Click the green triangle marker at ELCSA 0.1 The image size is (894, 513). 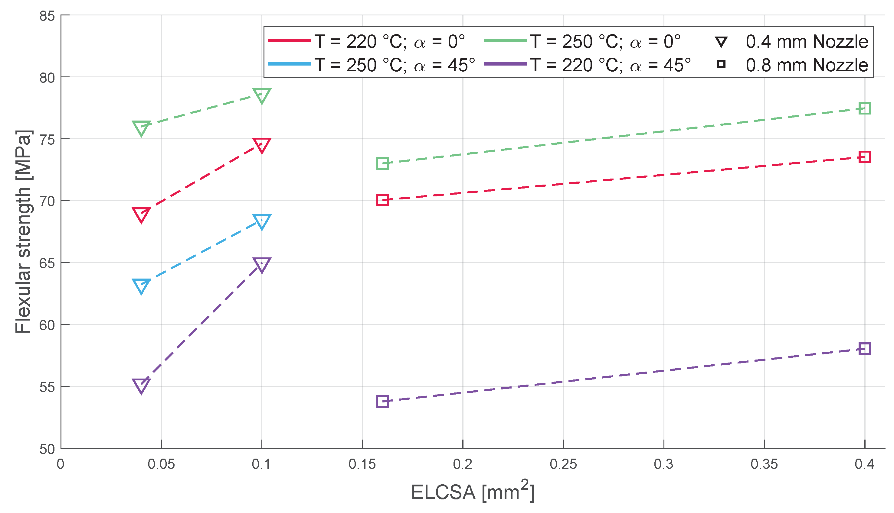tap(261, 95)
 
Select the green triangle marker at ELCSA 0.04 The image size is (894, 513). tap(141, 127)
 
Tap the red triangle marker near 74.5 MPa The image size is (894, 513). tap(261, 145)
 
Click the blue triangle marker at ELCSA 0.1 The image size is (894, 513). tap(261, 221)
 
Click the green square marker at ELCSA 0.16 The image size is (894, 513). tap(382, 163)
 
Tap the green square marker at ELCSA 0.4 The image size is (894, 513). tap(864, 108)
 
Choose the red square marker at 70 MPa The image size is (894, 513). tap(382, 200)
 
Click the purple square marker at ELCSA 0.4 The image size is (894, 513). tap(864, 349)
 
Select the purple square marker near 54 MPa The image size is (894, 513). tap(382, 401)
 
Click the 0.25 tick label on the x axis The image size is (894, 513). tap(563, 464)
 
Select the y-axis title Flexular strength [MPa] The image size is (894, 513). tap(23, 231)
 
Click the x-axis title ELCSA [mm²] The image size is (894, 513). tap(473, 492)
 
